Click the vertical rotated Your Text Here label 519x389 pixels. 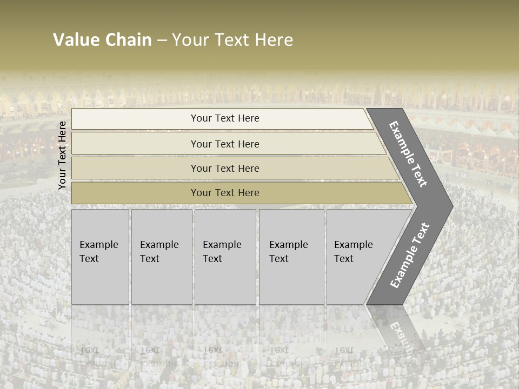tap(62, 155)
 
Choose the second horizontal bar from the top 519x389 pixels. tap(225, 144)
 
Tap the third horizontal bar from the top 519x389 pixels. tap(225, 168)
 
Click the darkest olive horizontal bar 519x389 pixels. tap(225, 193)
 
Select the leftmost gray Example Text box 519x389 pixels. tap(100, 257)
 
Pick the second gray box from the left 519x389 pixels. tap(161, 257)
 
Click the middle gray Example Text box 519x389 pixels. tap(224, 257)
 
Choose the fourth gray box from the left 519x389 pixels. tap(291, 257)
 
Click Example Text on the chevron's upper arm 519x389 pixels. tap(408, 154)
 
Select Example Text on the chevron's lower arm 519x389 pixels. tap(410, 255)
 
